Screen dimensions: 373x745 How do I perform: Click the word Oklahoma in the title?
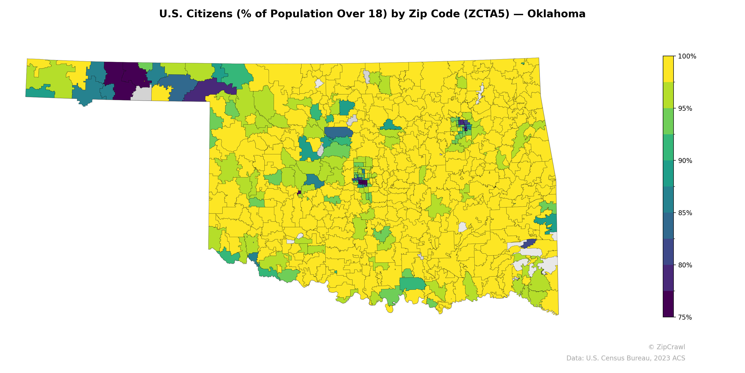click(x=556, y=14)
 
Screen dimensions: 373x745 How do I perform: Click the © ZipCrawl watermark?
click(x=667, y=347)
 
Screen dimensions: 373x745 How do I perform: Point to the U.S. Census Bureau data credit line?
click(x=626, y=358)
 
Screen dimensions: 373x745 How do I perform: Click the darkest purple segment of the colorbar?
click(x=668, y=304)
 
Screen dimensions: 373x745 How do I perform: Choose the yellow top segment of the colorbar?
click(x=668, y=69)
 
